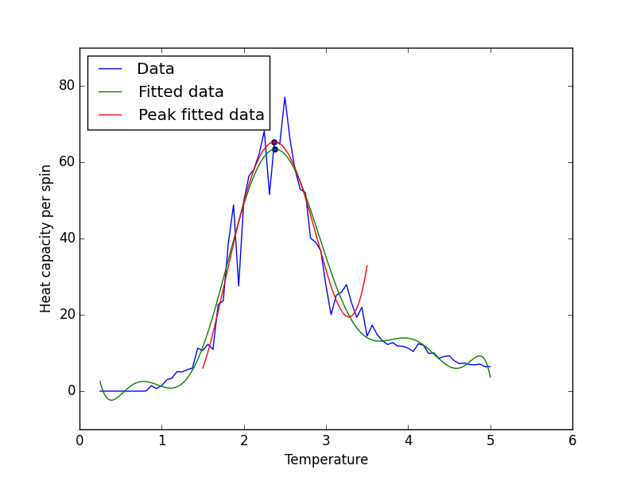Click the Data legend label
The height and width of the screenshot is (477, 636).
point(156,69)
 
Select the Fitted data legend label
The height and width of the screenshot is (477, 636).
point(181,92)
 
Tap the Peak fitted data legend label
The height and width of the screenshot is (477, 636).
point(201,114)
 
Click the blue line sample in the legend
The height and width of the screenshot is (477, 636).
point(110,69)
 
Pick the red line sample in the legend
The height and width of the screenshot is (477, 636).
point(110,115)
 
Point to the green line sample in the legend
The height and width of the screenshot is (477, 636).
point(110,92)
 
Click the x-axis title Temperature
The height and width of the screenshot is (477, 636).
point(326,460)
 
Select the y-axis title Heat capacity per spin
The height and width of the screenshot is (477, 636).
point(45,239)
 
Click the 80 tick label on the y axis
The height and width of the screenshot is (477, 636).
point(67,86)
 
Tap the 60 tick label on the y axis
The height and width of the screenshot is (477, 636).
point(67,162)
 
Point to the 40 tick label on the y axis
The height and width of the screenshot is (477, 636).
point(67,238)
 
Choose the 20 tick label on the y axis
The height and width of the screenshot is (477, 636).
point(67,314)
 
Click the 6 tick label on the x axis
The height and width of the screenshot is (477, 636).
point(572,440)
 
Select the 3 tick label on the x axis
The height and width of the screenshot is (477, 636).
point(326,440)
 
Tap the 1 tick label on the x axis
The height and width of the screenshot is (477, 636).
point(162,440)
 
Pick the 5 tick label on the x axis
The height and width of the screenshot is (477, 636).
point(491,440)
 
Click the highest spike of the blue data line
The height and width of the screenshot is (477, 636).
point(285,97)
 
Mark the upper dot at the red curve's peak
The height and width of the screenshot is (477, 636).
point(274,142)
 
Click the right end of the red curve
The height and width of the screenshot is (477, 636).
point(367,266)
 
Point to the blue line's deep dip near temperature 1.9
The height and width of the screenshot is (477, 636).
point(238,285)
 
